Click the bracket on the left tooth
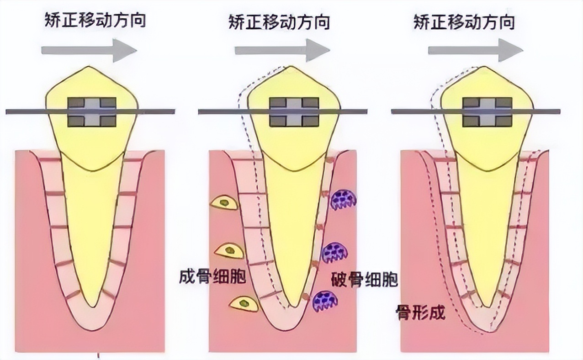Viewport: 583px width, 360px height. pos(92,111)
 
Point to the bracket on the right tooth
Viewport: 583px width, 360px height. pos(487,111)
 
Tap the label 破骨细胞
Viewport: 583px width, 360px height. pos(364,280)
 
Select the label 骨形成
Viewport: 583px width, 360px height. pos(420,313)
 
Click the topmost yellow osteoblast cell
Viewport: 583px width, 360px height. pos(224,202)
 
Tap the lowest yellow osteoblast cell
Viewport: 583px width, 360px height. pos(244,303)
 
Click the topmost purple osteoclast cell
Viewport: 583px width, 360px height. pos(343,199)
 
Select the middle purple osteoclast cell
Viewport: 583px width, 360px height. pos(335,252)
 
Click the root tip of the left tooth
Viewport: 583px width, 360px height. pos(93,305)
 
